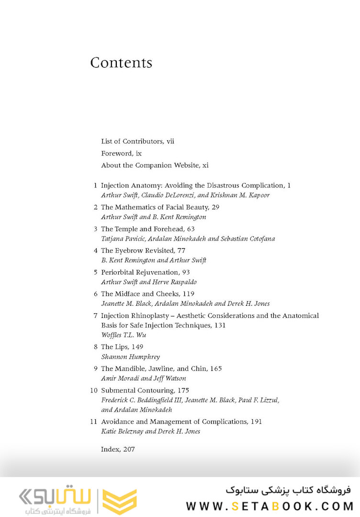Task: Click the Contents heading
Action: (x=121, y=63)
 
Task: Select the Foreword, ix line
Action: (x=121, y=153)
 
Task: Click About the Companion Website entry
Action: (x=155, y=165)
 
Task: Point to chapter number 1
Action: (x=95, y=185)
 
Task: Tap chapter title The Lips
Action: (x=114, y=347)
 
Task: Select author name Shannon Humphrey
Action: (x=130, y=357)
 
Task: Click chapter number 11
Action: (x=94, y=422)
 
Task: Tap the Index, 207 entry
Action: (x=118, y=449)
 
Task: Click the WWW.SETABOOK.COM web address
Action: (x=270, y=506)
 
